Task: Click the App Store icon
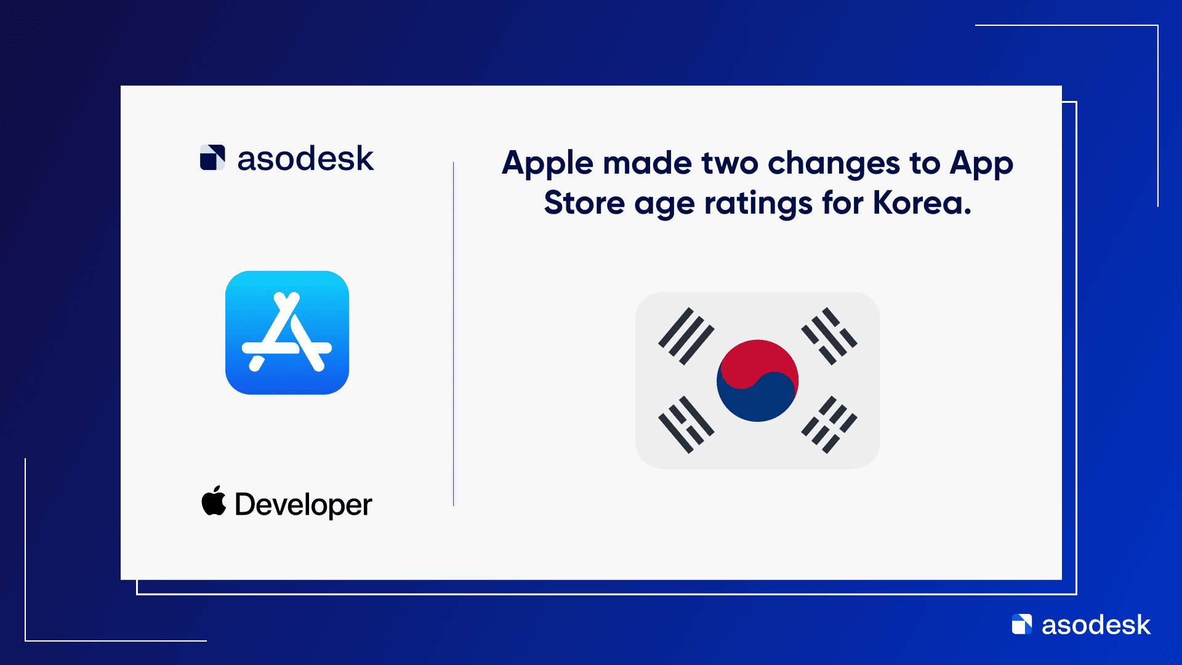click(x=287, y=332)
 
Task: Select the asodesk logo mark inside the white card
click(x=212, y=158)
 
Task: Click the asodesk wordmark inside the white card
click(x=305, y=158)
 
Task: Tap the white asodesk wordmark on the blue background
click(x=1096, y=625)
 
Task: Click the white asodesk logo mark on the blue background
click(x=1022, y=624)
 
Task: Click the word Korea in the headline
click(x=922, y=203)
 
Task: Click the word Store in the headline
click(x=584, y=203)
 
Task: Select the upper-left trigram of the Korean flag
click(x=686, y=336)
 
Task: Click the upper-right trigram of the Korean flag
click(x=829, y=336)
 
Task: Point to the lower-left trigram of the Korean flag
click(x=686, y=425)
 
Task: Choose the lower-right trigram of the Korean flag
click(x=829, y=425)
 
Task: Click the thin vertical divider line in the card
click(x=454, y=334)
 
